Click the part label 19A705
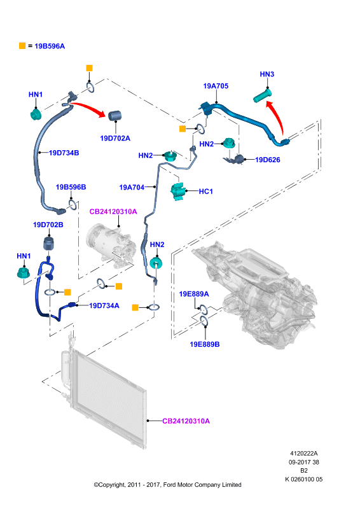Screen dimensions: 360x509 click(216, 86)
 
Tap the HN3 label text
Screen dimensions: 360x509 click(267, 74)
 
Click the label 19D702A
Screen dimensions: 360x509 click(115, 138)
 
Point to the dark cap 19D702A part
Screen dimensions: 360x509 click(114, 115)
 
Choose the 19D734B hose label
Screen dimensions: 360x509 click(64, 153)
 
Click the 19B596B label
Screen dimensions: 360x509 click(71, 187)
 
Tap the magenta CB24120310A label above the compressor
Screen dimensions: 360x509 click(113, 212)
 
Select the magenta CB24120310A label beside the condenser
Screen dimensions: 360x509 click(186, 421)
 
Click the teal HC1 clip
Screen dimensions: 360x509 click(178, 192)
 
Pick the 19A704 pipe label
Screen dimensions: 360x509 click(132, 187)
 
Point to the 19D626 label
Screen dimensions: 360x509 click(268, 160)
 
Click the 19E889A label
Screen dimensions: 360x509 click(194, 294)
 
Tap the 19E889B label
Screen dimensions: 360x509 click(205, 344)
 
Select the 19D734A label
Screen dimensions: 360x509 click(104, 306)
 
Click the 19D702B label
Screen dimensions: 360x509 click(48, 225)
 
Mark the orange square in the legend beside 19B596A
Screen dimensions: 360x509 click(22, 46)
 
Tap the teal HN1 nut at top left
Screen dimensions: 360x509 click(36, 115)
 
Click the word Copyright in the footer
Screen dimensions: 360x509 click(112, 485)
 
